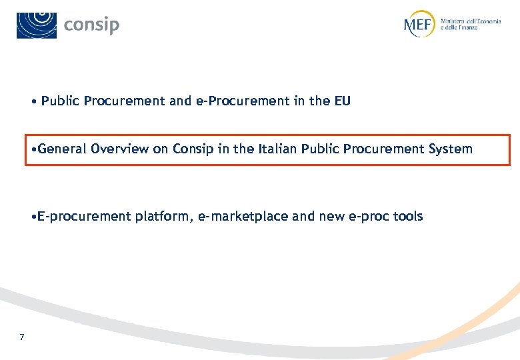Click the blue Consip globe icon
pyautogui.click(x=37, y=25)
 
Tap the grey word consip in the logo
pyautogui.click(x=92, y=25)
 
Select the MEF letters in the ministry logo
pyautogui.click(x=419, y=25)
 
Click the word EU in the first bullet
pyautogui.click(x=342, y=101)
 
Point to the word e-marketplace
pyautogui.click(x=247, y=217)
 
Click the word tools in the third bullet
pyautogui.click(x=407, y=217)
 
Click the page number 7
pyautogui.click(x=22, y=337)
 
